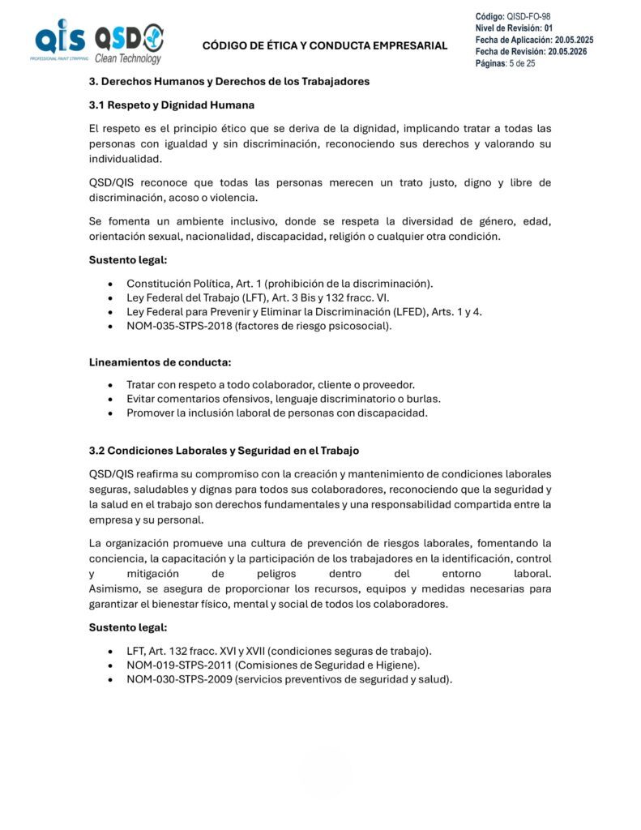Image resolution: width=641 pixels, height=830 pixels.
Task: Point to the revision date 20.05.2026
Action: [x=567, y=52]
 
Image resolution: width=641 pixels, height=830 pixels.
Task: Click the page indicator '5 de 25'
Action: [x=522, y=63]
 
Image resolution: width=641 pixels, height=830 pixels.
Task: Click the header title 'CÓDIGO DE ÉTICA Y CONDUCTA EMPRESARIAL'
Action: [x=324, y=45]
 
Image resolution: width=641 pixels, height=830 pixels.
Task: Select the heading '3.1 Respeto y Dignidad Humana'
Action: [x=171, y=105]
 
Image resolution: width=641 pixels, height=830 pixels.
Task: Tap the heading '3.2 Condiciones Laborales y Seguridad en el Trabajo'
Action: [x=224, y=450]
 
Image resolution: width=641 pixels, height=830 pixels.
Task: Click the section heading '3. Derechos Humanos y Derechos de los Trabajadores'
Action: [x=229, y=81]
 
